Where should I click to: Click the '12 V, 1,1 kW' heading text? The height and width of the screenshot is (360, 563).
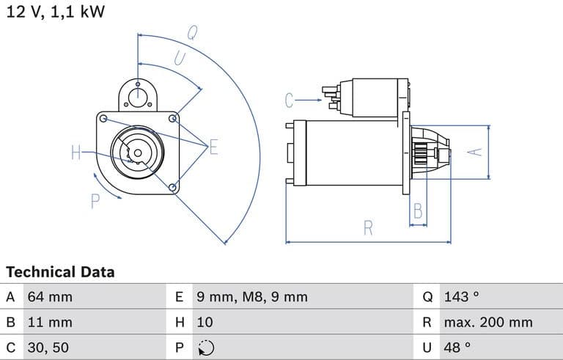coord(55,12)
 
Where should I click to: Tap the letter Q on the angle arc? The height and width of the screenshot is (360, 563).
coord(191,33)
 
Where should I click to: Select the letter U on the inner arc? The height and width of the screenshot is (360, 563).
coord(180,58)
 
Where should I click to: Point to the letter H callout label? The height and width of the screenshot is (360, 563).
coord(76,153)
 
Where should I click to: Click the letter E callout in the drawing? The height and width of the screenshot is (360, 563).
coord(214,147)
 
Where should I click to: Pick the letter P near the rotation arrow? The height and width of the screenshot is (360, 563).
coord(95,201)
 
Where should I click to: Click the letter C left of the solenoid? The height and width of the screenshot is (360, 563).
coord(290,100)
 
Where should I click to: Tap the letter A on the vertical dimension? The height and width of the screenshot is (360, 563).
coord(476,152)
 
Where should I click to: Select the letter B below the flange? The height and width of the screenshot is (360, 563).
coord(418,211)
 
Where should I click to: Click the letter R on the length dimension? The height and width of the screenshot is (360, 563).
coord(368,228)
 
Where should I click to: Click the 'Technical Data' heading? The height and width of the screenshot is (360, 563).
coord(60,272)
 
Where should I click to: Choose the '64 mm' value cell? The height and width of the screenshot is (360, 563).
coord(50,297)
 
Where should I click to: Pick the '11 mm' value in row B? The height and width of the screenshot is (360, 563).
coord(50,322)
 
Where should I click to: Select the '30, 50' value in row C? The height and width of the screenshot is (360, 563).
coord(48,347)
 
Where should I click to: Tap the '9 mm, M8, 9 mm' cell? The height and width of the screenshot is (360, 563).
coord(251,297)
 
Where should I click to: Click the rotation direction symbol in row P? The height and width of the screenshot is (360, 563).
coord(206,348)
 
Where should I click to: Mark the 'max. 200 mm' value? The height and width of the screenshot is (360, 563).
coord(487,322)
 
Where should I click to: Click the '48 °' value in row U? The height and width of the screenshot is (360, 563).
coord(457,347)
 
